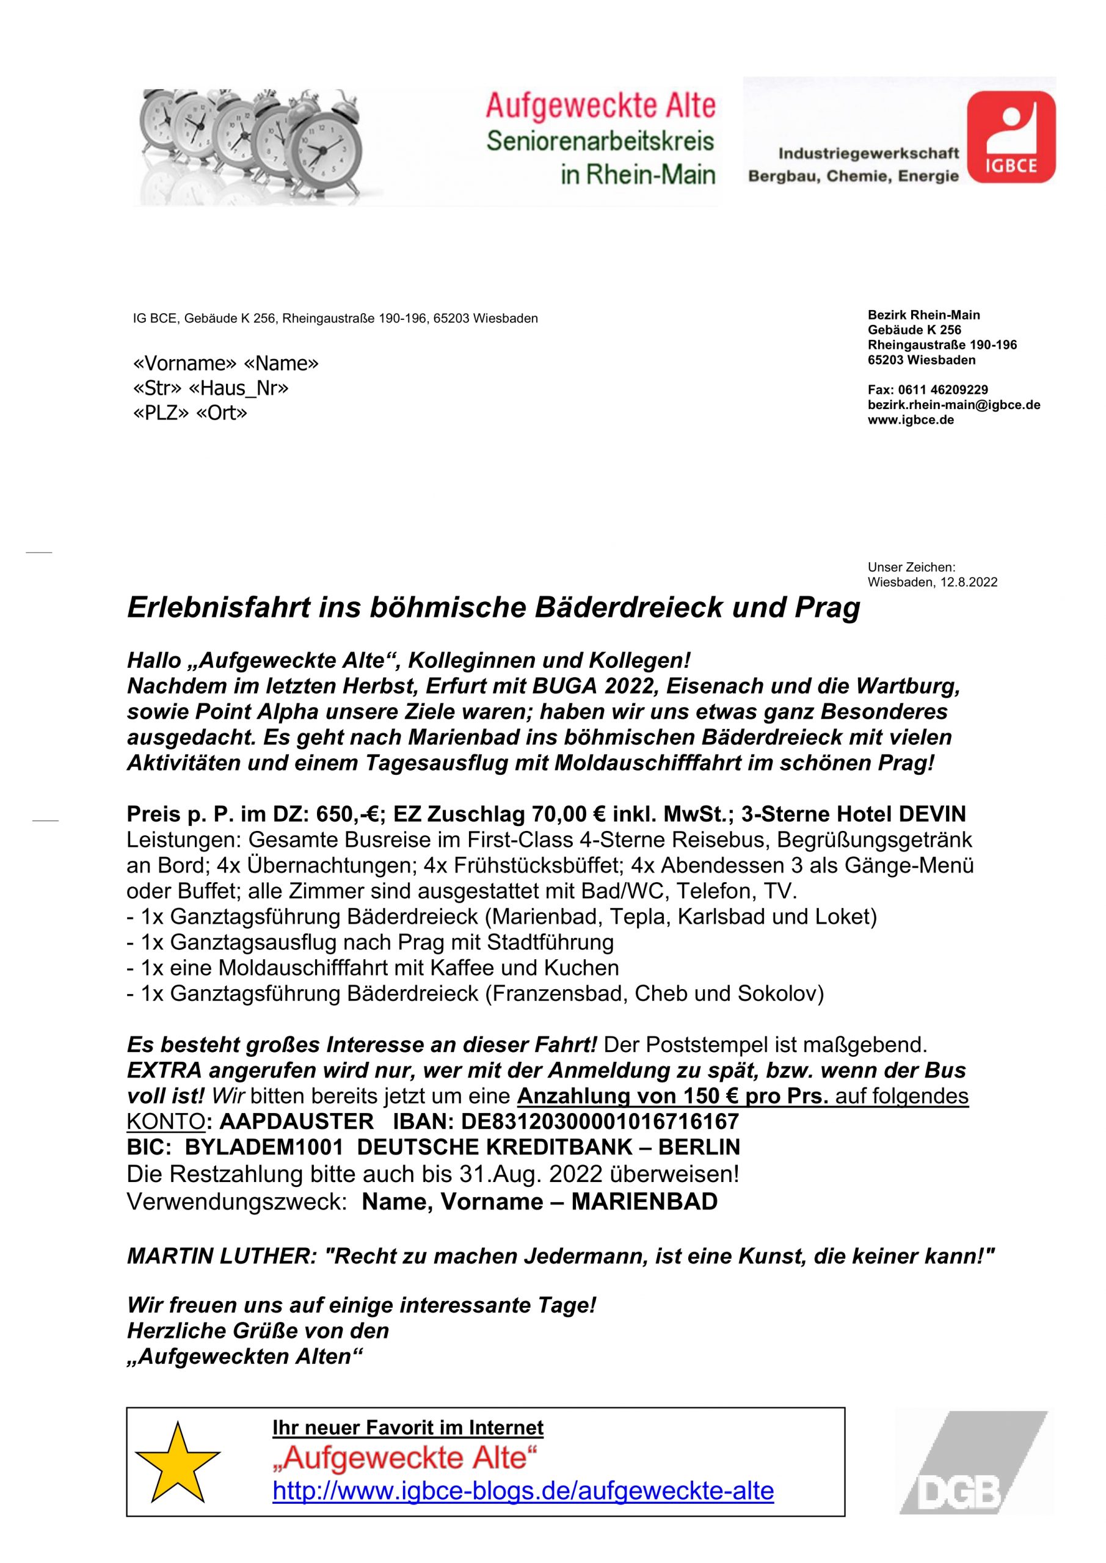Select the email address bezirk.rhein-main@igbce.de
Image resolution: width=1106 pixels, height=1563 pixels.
coord(953,405)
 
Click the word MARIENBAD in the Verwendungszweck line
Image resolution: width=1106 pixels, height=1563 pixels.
coord(644,1202)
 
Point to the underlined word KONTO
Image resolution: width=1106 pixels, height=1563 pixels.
coord(166,1121)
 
